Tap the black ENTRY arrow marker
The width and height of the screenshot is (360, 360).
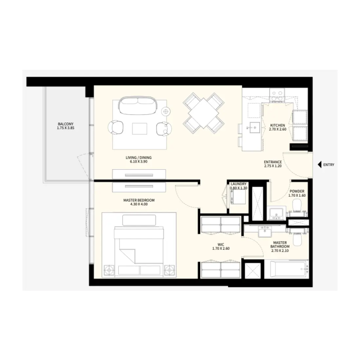coord(320,165)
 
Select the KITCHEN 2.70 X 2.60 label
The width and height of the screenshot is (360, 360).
coord(277,127)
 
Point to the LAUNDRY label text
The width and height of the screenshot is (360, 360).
coord(238,184)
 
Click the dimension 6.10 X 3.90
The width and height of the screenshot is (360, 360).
coord(138,162)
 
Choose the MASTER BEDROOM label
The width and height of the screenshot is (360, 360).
coord(139,200)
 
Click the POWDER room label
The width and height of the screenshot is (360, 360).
coord(297,191)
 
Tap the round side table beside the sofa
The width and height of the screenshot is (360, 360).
coord(166,111)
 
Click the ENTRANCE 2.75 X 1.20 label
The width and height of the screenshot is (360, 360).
coord(273,164)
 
